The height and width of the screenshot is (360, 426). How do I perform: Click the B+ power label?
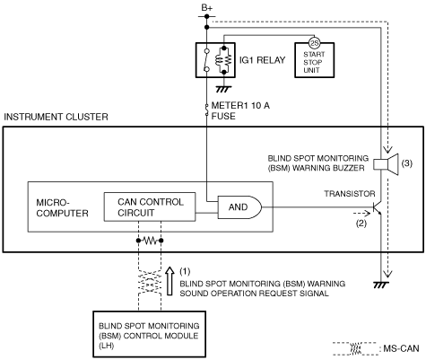[206, 7]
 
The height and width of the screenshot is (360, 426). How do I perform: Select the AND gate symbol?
[239, 207]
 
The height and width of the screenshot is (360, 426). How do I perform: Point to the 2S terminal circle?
[314, 43]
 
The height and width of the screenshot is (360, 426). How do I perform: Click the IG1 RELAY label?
[262, 60]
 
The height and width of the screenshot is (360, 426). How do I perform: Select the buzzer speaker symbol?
[387, 164]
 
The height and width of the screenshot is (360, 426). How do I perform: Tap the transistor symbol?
[378, 207]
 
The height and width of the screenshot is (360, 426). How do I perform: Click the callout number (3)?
[407, 163]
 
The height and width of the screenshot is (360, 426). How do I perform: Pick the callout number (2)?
[361, 224]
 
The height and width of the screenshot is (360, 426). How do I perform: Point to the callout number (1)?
[185, 271]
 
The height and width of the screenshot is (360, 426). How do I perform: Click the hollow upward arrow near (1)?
[170, 281]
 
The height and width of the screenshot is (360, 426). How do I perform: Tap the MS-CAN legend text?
[401, 348]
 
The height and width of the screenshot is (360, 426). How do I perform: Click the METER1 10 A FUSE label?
[240, 110]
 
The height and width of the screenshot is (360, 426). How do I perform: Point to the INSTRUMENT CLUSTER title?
[56, 117]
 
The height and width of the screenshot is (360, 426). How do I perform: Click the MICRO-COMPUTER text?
[62, 208]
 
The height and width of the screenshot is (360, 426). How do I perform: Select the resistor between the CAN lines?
[150, 241]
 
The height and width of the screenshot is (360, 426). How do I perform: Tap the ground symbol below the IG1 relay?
[224, 89]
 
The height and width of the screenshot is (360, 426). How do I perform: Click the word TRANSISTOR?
[350, 194]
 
